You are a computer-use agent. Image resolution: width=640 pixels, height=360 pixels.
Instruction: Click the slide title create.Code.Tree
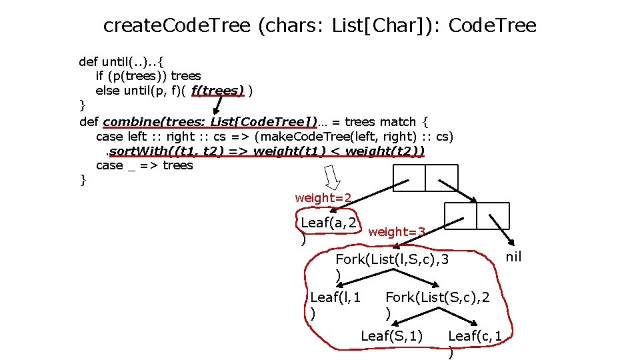[319, 25]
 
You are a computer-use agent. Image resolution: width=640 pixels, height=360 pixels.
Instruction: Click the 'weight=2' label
[323, 197]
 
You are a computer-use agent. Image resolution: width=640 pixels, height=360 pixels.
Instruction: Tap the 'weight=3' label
[397, 231]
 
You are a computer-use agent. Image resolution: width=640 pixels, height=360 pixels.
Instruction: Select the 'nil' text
[513, 257]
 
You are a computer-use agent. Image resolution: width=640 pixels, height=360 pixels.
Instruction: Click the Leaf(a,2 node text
[328, 223]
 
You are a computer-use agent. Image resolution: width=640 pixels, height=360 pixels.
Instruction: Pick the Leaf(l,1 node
[335, 297]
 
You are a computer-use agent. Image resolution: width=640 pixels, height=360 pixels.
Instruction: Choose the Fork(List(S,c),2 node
[437, 297]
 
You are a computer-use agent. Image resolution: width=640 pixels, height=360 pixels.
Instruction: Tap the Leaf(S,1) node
[391, 335]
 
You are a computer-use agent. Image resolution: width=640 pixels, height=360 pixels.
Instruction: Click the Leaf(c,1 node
[475, 336]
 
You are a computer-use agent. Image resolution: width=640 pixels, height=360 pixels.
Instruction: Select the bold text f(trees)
[217, 89]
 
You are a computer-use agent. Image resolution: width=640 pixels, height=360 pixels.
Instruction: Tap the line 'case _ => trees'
[144, 165]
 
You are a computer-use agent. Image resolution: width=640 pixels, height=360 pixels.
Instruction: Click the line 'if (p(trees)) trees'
[148, 75]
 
